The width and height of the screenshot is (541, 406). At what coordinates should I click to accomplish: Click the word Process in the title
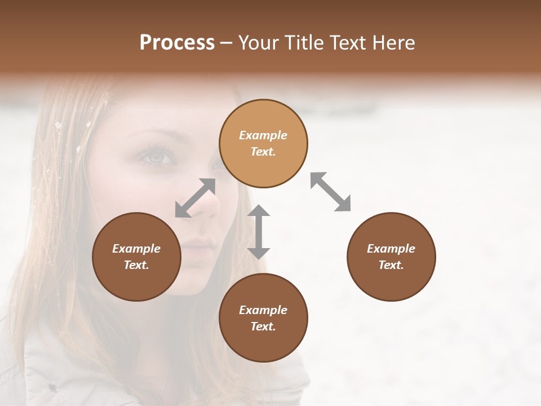[177, 43]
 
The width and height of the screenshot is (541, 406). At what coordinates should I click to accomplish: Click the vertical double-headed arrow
[259, 232]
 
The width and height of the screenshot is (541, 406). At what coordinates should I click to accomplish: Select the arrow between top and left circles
[195, 197]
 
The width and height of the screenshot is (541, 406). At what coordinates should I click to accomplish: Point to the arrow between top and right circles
[330, 192]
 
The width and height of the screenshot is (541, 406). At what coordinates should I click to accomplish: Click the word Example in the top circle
[263, 135]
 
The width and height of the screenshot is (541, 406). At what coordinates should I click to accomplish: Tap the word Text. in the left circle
[136, 265]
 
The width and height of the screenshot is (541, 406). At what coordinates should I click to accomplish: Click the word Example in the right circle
[391, 249]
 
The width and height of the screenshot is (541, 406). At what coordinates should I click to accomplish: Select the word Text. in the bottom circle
[263, 326]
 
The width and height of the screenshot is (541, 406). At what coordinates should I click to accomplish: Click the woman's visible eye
[158, 156]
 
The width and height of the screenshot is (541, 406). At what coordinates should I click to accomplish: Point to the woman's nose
[207, 206]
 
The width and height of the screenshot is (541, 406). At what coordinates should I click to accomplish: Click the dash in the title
[227, 43]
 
